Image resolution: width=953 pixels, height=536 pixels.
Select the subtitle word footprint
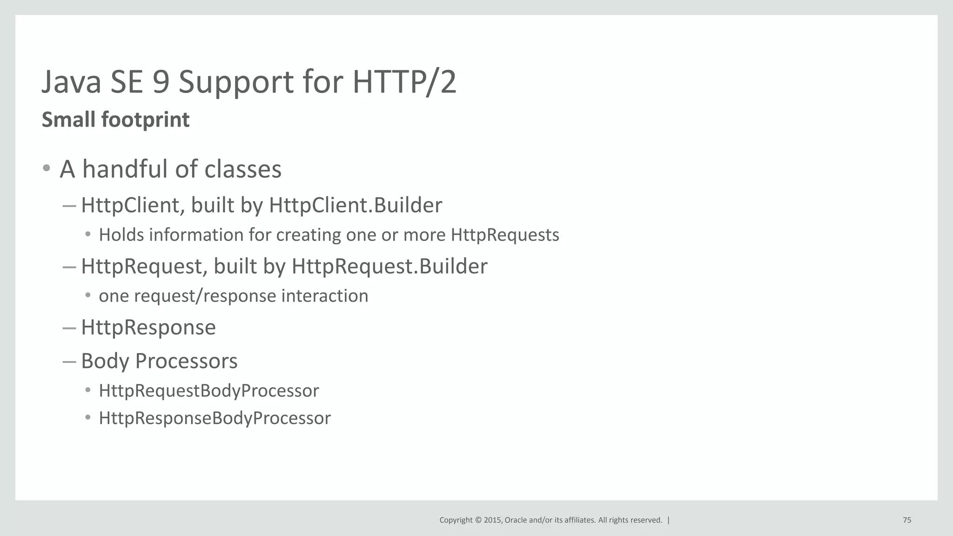pos(145,120)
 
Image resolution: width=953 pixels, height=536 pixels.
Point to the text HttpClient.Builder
pos(356,205)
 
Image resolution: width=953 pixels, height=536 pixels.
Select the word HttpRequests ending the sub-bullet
pos(505,235)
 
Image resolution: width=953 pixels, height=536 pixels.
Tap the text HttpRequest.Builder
pos(389,266)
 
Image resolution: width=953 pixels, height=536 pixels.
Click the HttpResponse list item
pos(148,327)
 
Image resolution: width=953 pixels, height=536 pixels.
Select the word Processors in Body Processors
pos(186,361)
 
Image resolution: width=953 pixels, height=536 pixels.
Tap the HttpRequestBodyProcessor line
pos(209,390)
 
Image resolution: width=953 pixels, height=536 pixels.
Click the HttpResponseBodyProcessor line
pos(215,418)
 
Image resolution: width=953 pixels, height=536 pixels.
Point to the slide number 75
pos(907,520)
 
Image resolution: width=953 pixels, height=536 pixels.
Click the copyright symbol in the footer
pos(477,520)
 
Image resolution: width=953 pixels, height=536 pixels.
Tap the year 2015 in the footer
pos(492,520)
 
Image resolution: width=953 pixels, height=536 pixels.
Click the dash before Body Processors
pos(69,362)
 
